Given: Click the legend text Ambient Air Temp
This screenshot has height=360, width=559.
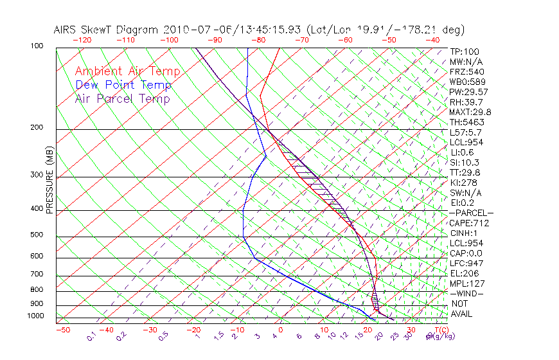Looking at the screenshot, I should [x=127, y=71].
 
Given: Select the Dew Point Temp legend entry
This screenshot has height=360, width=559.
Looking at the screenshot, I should [x=123, y=85].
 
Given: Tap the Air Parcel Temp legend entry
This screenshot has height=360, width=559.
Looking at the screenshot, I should [x=122, y=98].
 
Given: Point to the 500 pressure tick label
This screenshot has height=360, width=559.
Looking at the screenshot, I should [x=36, y=235].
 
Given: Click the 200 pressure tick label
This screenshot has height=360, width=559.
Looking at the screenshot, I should [x=36, y=128].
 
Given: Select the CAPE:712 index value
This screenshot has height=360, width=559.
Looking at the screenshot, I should [x=469, y=223].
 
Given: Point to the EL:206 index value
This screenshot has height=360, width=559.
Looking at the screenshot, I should [x=464, y=273].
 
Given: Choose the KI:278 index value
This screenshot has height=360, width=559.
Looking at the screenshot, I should [x=463, y=183].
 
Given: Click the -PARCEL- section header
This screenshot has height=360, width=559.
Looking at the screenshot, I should [x=471, y=213].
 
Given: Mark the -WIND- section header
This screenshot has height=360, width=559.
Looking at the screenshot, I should [x=466, y=293].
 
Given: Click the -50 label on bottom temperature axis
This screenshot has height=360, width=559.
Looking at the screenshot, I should [x=63, y=330].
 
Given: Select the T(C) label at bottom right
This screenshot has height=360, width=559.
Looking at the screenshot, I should [x=440, y=330].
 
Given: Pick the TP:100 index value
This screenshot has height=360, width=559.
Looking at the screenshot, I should [x=464, y=51].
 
